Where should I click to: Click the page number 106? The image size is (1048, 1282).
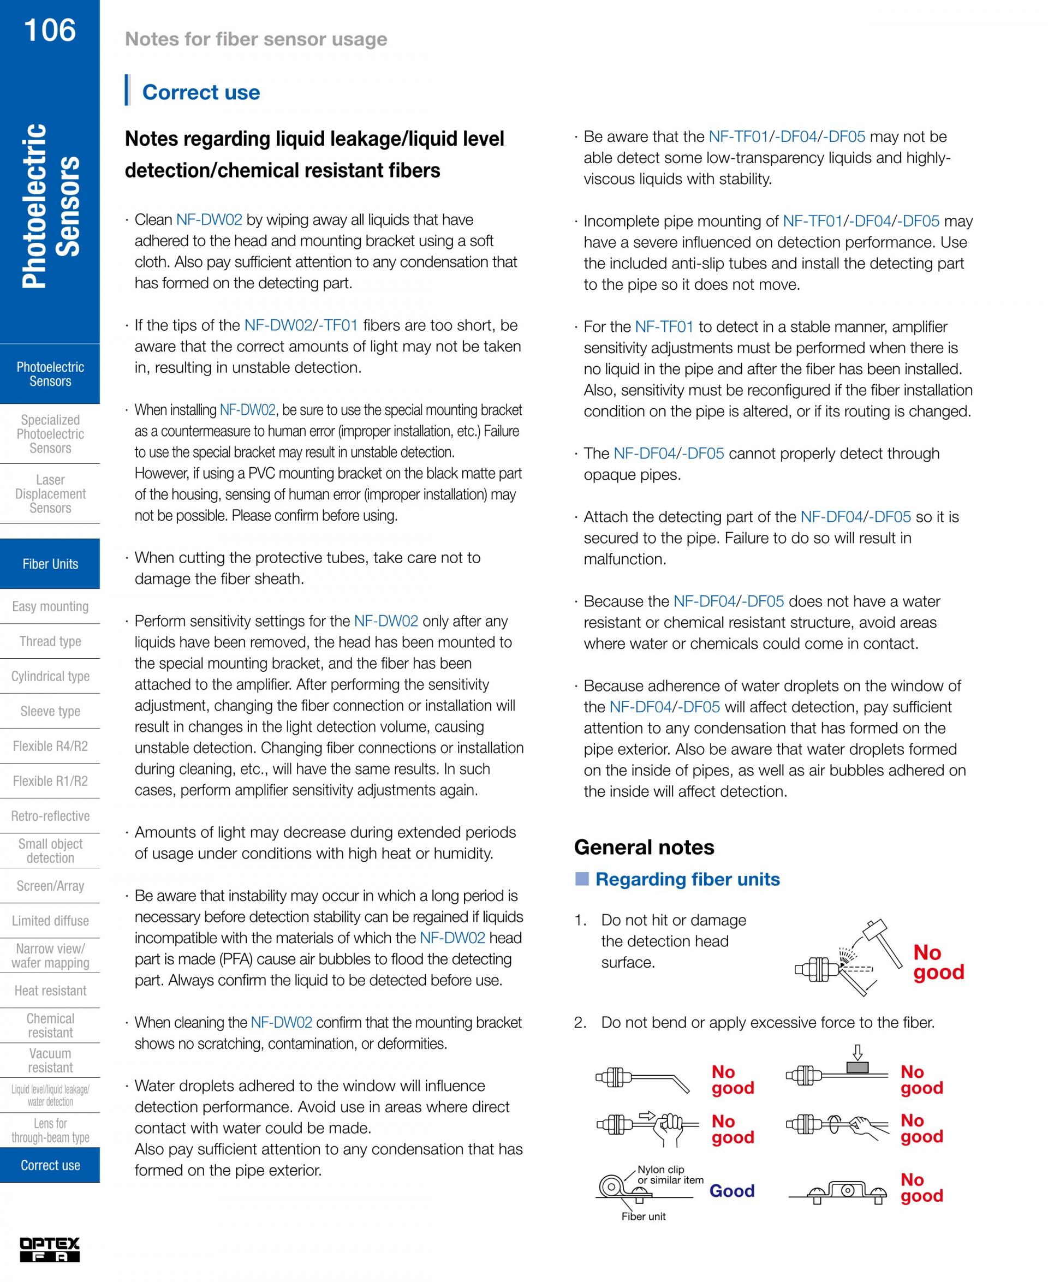tap(50, 30)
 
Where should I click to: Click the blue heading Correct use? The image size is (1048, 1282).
tap(200, 92)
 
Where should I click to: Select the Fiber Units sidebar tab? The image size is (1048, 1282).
tap(50, 564)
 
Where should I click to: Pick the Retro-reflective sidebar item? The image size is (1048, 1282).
tap(50, 815)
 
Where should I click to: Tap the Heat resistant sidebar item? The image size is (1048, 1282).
tap(50, 990)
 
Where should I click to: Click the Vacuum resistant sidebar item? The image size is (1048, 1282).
tap(50, 1060)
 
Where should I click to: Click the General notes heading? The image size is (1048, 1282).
tap(644, 847)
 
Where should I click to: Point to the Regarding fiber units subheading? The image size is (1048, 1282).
tap(687, 879)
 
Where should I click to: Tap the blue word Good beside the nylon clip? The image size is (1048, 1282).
tap(731, 1190)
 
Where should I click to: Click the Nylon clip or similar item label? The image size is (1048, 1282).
tap(670, 1174)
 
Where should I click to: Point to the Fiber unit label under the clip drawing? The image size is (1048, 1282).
tap(643, 1216)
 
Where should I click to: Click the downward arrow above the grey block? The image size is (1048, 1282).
tap(858, 1053)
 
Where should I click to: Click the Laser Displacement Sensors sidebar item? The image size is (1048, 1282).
tap(50, 494)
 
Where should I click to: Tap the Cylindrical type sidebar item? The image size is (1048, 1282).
tap(50, 676)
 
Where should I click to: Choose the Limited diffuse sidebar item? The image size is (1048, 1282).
tap(50, 921)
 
